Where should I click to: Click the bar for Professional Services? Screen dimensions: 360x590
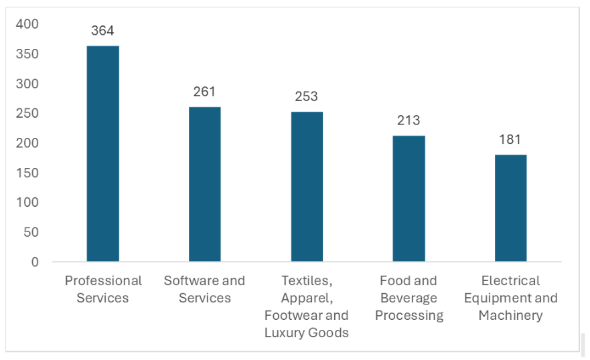(102, 153)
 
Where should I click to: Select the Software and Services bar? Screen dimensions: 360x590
(204, 184)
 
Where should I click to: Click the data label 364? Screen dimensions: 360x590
(102, 31)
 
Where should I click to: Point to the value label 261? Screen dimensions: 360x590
(204, 92)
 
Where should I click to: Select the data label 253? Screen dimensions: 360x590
(307, 96)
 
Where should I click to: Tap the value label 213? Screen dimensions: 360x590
(409, 120)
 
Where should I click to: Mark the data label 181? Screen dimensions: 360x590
(510, 139)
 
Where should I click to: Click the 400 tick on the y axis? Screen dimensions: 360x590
(27, 24)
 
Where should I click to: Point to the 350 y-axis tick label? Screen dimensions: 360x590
(27, 54)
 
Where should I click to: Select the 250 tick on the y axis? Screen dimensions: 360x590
(27, 114)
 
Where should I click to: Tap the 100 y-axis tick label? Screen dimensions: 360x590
(27, 203)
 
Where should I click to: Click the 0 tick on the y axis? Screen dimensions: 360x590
(35, 262)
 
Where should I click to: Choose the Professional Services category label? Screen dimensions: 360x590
(103, 289)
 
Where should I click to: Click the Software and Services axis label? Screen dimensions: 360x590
(204, 289)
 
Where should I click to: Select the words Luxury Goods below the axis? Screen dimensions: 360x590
(307, 333)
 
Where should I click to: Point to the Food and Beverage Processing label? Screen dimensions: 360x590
(409, 298)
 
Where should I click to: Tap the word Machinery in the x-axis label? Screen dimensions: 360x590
(510, 315)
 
